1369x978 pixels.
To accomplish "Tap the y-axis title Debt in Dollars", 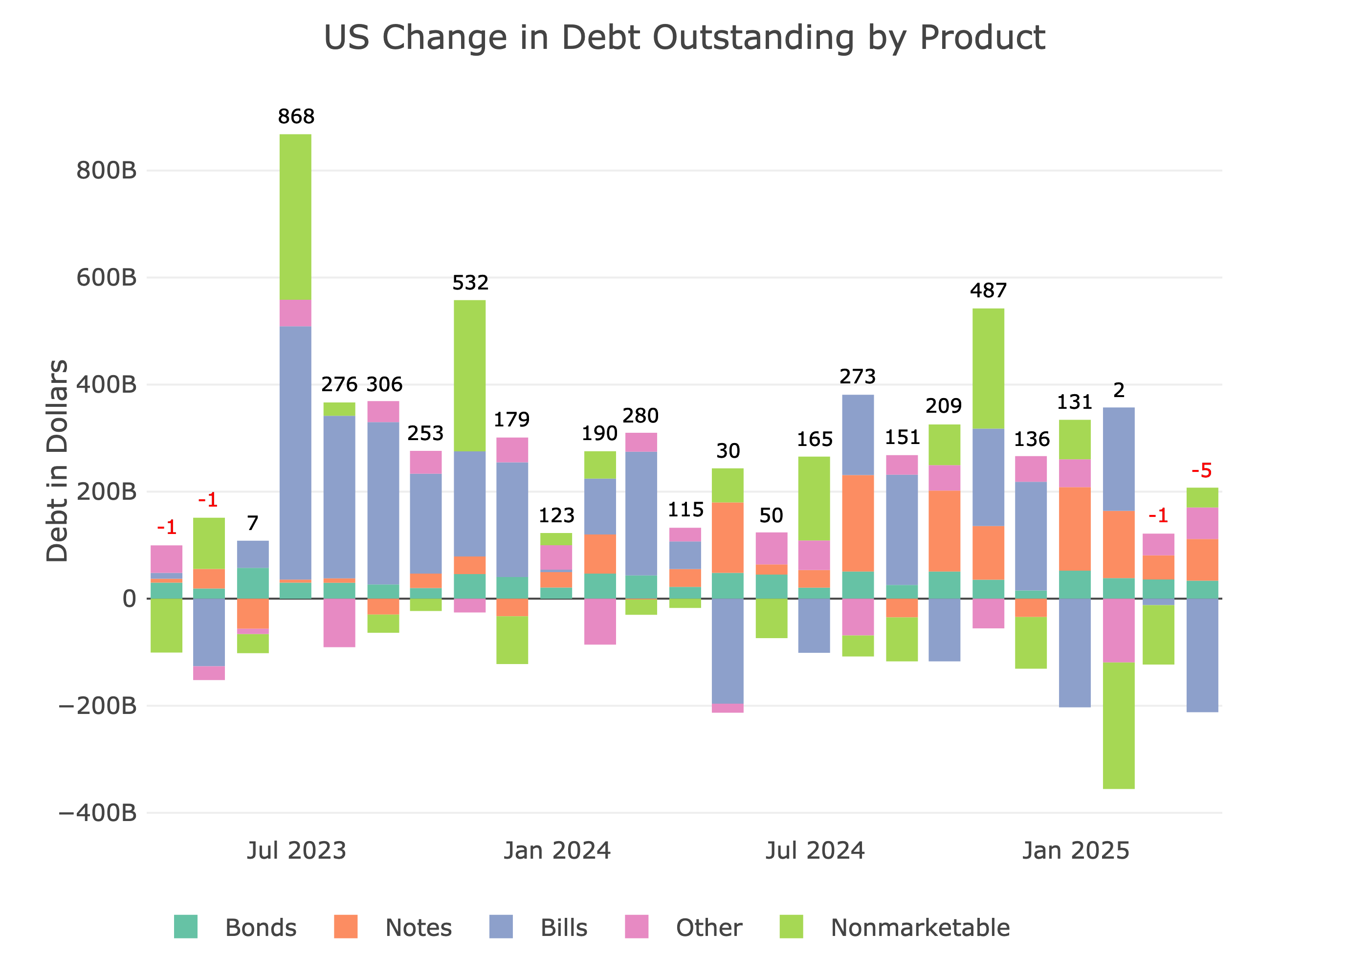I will [x=57, y=461].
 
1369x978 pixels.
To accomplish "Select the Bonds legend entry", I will [x=260, y=928].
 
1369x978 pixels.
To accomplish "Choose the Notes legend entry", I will [x=418, y=928].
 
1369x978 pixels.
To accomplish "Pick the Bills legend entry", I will [x=564, y=928].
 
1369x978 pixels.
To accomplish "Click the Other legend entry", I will [x=708, y=928].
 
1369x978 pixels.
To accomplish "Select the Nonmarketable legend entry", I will [x=919, y=928].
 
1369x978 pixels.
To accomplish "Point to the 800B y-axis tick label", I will [x=107, y=171].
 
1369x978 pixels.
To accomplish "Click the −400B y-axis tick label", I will [x=97, y=813].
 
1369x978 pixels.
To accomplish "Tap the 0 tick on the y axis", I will [x=129, y=599].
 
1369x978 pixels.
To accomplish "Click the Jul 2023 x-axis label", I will [x=296, y=851].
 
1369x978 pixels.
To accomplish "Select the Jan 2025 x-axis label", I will [x=1075, y=851].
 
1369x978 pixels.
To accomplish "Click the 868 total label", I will [x=296, y=116].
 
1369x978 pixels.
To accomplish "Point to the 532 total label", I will [x=470, y=283].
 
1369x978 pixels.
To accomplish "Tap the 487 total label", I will [x=988, y=291].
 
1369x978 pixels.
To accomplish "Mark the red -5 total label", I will [x=1202, y=470].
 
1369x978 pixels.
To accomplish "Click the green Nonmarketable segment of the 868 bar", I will [x=296, y=217].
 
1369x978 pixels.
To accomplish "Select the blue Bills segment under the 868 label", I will [x=296, y=452].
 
